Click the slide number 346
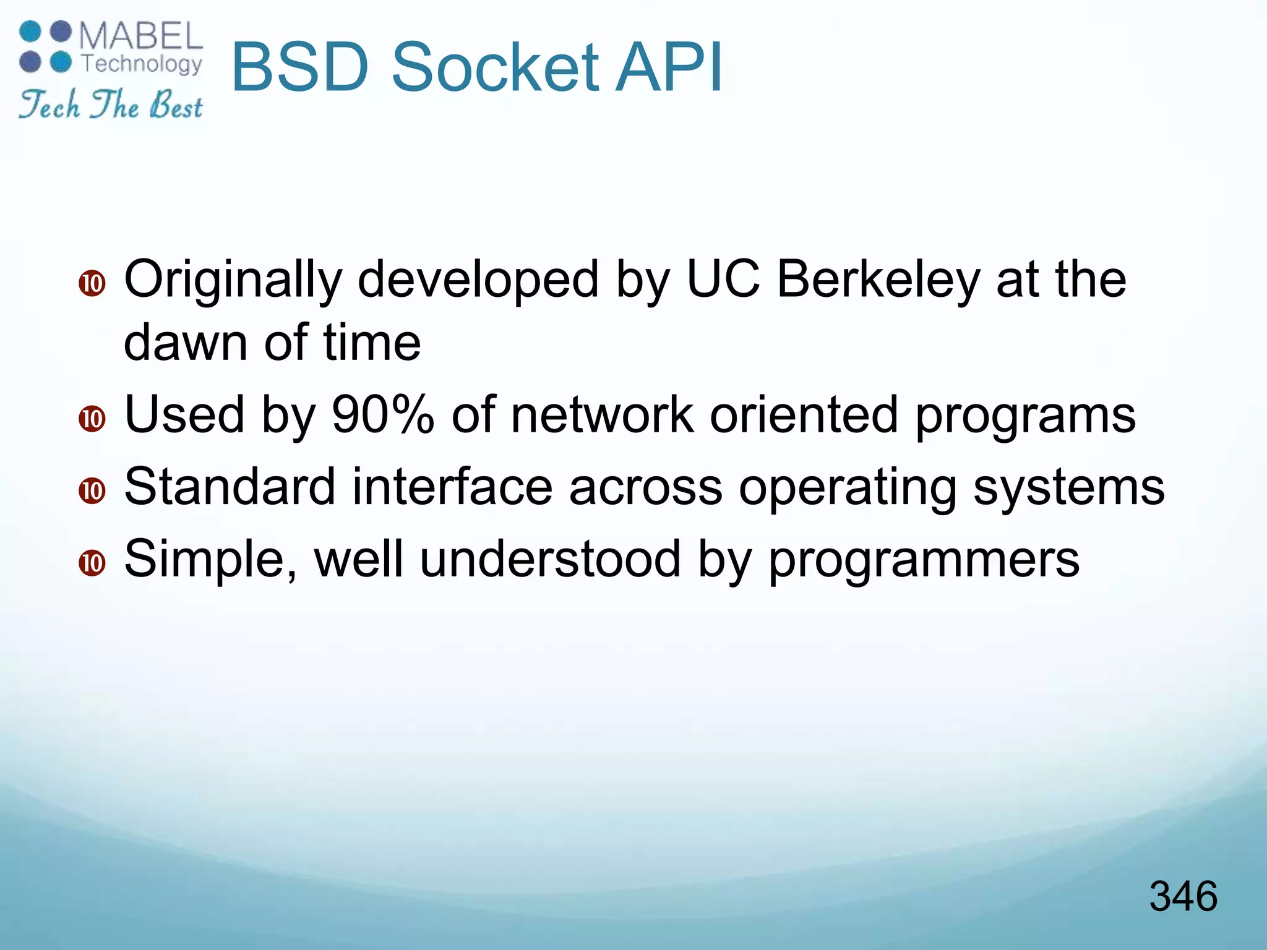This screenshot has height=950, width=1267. pos(1183,896)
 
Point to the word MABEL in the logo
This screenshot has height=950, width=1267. pos(141,36)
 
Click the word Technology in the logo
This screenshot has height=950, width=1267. pos(142,64)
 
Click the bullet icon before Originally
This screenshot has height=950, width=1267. pos(92,284)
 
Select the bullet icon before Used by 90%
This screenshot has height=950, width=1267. pos(92,419)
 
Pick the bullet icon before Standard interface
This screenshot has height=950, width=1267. pos(92,491)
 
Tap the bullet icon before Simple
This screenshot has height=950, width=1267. pos(92,563)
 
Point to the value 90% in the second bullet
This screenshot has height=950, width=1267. pos(382,414)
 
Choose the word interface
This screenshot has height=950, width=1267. pos(452,487)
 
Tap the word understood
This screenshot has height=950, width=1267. pos(550,558)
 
